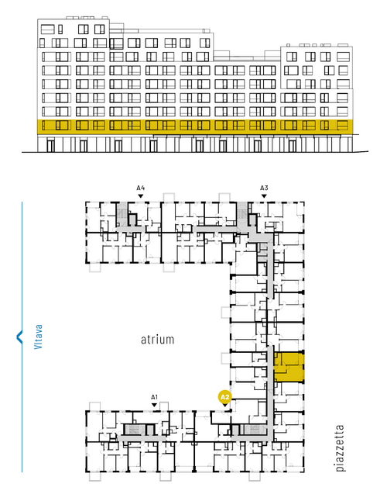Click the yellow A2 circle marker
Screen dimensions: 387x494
click(x=224, y=397)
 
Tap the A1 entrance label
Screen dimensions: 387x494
click(x=154, y=397)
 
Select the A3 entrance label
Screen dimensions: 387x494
click(x=264, y=188)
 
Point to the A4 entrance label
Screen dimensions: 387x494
click(x=141, y=188)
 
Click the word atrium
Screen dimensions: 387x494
click(x=157, y=340)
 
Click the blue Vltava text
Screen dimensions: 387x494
click(x=38, y=337)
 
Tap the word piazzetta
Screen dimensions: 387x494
click(x=340, y=447)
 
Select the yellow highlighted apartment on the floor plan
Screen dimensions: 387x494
click(x=289, y=367)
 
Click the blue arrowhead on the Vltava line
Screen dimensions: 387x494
click(x=19, y=337)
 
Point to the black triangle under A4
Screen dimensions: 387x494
click(x=141, y=196)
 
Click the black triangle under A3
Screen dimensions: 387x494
click(x=264, y=196)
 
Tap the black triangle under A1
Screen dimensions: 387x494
click(x=154, y=405)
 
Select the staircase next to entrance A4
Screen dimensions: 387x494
click(x=122, y=214)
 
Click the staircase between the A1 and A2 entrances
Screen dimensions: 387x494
click(x=135, y=430)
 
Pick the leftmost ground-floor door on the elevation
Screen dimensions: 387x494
click(x=50, y=146)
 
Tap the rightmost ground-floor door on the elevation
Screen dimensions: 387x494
click(x=293, y=146)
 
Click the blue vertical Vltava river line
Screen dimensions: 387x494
click(x=22, y=337)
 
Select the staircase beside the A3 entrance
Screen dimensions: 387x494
click(x=242, y=214)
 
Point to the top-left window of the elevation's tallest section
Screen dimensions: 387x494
click(x=47, y=29)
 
